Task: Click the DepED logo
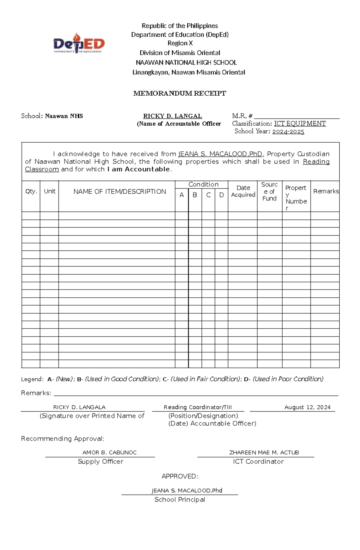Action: [x=79, y=44]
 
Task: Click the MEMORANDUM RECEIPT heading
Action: [x=179, y=93]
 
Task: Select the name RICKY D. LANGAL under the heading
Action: [x=172, y=116]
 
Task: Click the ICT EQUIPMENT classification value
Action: [x=300, y=123]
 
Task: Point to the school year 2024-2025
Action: [x=288, y=131]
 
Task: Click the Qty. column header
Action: [x=31, y=192]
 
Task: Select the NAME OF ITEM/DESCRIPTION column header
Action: [x=119, y=192]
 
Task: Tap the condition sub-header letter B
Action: [x=195, y=195]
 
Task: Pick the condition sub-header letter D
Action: [x=221, y=195]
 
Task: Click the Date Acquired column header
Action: [x=243, y=191]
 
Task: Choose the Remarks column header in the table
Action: [x=326, y=191]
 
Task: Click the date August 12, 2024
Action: [x=307, y=407]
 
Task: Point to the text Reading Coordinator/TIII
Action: [x=198, y=407]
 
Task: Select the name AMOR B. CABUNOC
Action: [x=109, y=452]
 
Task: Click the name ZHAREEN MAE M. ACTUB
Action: [x=264, y=452]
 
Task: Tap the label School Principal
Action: [x=180, y=499]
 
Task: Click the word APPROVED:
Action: [x=180, y=476]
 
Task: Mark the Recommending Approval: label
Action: [x=63, y=439]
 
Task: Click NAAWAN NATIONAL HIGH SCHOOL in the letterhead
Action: [x=186, y=62]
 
